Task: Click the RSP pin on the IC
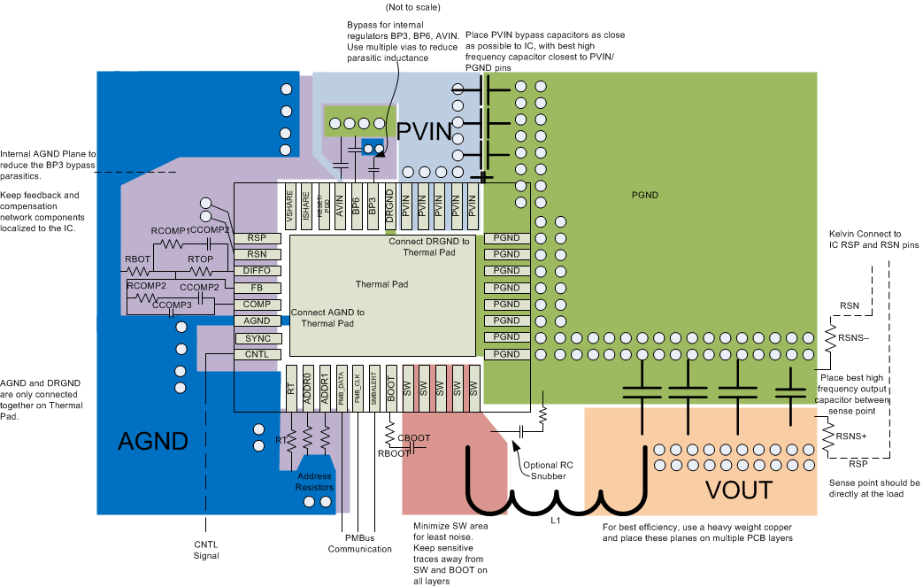(x=257, y=238)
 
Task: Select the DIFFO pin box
(x=257, y=271)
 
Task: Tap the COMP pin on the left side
(x=257, y=305)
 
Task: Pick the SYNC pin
(x=257, y=338)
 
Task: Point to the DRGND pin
(x=389, y=205)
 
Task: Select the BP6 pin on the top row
(x=355, y=205)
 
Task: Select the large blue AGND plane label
(x=153, y=442)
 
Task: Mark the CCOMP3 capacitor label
(x=173, y=305)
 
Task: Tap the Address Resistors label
(x=314, y=482)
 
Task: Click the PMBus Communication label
(x=359, y=543)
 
